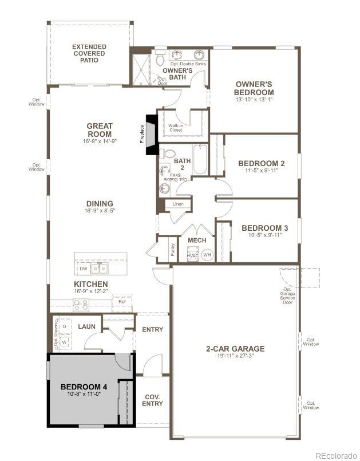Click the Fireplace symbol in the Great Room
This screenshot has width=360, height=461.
pyautogui.click(x=152, y=136)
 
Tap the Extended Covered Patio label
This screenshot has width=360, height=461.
pyautogui.click(x=89, y=53)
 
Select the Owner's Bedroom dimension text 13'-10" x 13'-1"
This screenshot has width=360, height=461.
pyautogui.click(x=254, y=100)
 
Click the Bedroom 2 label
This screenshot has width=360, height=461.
pyautogui.click(x=261, y=163)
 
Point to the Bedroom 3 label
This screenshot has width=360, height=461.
pyautogui.click(x=264, y=228)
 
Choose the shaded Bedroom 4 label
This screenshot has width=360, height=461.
pyautogui.click(x=84, y=386)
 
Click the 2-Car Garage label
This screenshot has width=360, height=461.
pyautogui.click(x=235, y=348)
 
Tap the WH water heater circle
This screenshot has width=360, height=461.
pyautogui.click(x=207, y=255)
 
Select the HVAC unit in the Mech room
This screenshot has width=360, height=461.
pyautogui.click(x=192, y=255)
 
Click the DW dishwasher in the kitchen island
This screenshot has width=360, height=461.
pyautogui.click(x=84, y=268)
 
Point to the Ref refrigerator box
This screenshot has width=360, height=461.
pyautogui.click(x=122, y=301)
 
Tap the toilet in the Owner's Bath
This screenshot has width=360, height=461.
pyautogui.click(x=159, y=58)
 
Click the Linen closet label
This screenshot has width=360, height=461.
pyautogui.click(x=177, y=204)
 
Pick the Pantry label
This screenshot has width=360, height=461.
pyautogui.click(x=172, y=250)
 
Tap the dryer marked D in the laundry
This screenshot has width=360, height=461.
pyautogui.click(x=64, y=326)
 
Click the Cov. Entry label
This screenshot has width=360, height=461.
pyautogui.click(x=152, y=400)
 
